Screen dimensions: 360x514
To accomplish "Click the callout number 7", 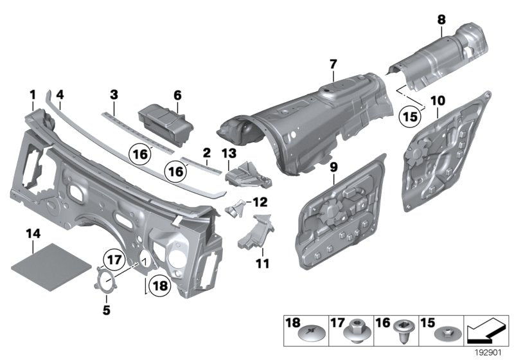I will coord(333,64).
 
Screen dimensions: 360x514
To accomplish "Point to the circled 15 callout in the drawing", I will coord(409,117).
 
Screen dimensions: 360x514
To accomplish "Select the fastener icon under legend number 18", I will coord(308,334).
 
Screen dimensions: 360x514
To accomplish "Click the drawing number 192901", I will coord(490,353).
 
